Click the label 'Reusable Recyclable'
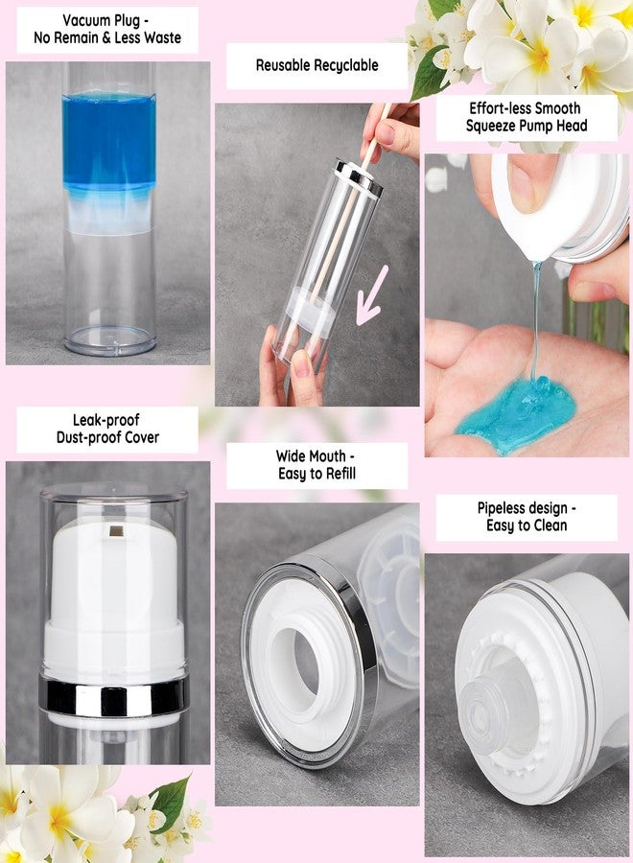coord(316,66)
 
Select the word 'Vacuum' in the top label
coord(86,20)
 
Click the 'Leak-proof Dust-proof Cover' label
coord(107,429)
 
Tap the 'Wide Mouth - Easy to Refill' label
coord(316,465)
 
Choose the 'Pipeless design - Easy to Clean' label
coord(527,517)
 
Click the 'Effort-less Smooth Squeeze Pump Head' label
coord(527,117)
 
